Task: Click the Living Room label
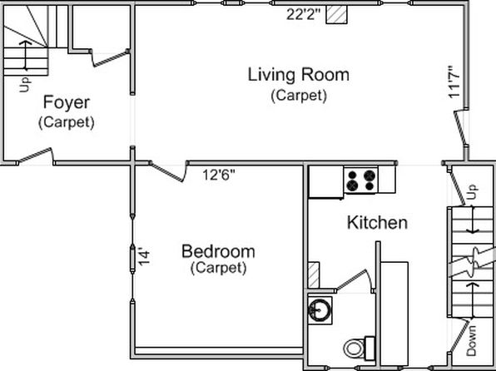[x=298, y=75]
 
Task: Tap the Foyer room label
[x=67, y=102]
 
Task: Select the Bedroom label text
[x=218, y=252]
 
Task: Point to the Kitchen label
[x=377, y=223]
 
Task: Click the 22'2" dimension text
[x=304, y=14]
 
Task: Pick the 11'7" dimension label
[x=454, y=82]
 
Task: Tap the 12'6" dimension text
[x=219, y=175]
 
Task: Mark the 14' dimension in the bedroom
[x=143, y=258]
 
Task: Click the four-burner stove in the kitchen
[x=361, y=181]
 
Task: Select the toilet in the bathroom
[x=359, y=349]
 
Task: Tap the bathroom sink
[x=320, y=310]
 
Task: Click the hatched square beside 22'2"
[x=336, y=14]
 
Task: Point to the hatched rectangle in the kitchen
[x=314, y=275]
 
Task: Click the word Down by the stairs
[x=471, y=341]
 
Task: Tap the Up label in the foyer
[x=25, y=85]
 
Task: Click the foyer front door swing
[x=36, y=156]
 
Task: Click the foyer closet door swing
[x=110, y=58]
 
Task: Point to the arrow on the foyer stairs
[x=26, y=55]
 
